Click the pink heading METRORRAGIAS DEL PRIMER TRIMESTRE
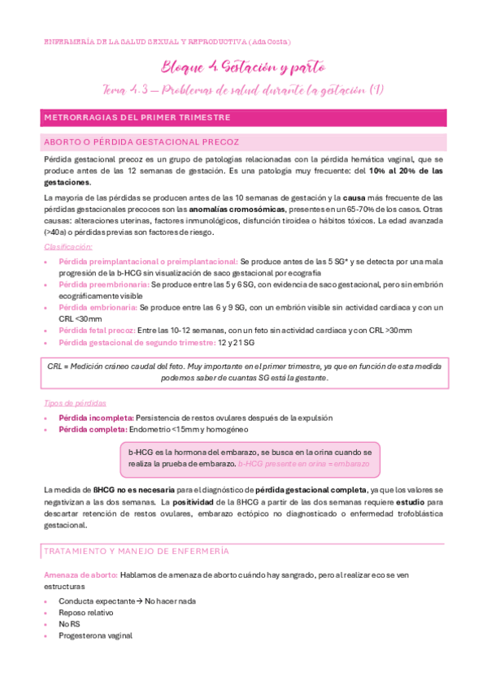[137, 118]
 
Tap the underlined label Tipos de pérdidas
[74, 404]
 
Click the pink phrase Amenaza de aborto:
[80, 574]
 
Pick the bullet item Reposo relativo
[86, 613]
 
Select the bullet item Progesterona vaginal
[96, 635]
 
